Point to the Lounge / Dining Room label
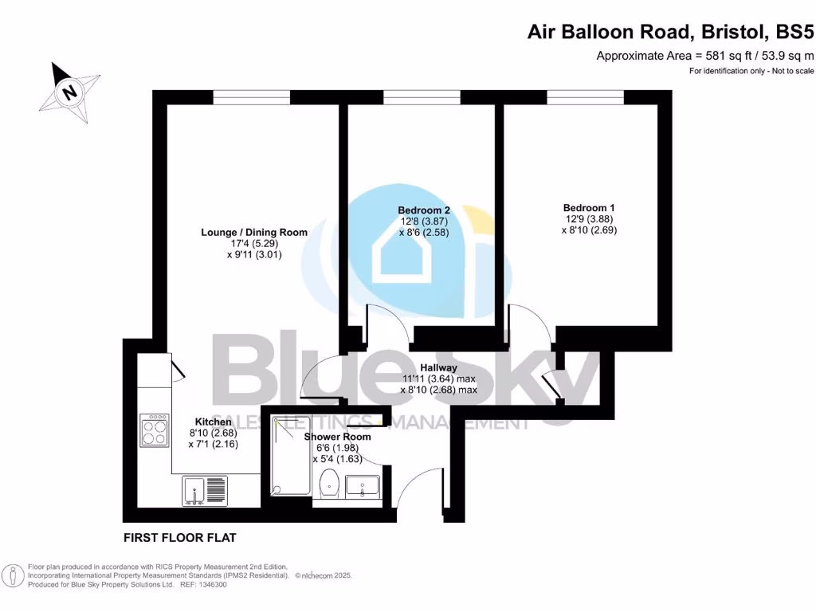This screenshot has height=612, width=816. (x=253, y=232)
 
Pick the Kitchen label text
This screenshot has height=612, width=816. (x=214, y=422)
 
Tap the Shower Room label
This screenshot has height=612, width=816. (x=338, y=437)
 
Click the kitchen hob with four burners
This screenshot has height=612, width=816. (x=154, y=430)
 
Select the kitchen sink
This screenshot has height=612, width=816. (x=204, y=491)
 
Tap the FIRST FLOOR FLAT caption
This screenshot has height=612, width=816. (x=179, y=537)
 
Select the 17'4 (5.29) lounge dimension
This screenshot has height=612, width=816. (x=253, y=244)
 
